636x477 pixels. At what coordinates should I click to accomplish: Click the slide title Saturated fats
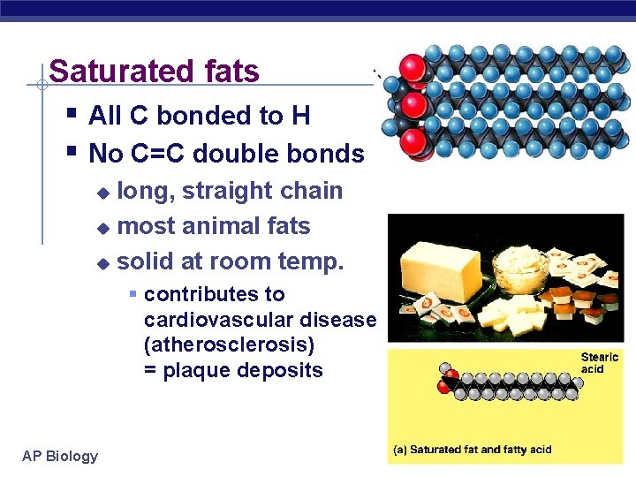pos(155,71)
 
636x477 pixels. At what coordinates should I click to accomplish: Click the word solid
pos(146,261)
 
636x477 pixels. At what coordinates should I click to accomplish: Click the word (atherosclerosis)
pos(229,344)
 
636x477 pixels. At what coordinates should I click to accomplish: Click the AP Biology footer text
pos(60,456)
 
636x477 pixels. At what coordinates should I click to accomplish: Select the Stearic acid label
pos(600,363)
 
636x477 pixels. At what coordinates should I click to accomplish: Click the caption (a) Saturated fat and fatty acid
pos(473,449)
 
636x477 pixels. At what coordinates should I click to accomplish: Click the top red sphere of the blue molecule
pos(413,68)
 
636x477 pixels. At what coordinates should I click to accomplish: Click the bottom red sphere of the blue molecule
pos(413,141)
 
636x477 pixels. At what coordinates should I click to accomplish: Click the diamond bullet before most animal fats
pos(102,228)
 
